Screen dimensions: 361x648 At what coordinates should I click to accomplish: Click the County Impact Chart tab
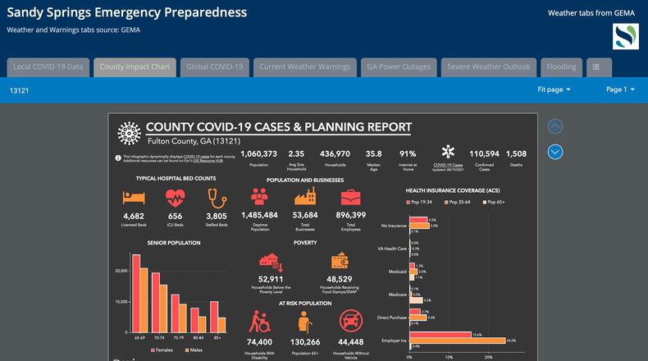click(135, 66)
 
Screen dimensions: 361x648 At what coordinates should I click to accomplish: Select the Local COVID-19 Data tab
click(48, 66)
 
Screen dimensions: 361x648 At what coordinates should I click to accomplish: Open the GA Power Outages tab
click(399, 66)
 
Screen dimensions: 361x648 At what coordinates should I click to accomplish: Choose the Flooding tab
click(562, 66)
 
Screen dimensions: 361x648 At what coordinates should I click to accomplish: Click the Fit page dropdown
click(554, 89)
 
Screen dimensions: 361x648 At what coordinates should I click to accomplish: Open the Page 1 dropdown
click(620, 89)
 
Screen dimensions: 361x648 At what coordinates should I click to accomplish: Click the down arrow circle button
click(555, 152)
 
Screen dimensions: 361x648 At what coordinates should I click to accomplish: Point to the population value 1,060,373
click(259, 153)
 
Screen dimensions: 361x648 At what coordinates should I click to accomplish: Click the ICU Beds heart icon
click(175, 198)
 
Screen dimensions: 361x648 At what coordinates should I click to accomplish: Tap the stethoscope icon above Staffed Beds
click(217, 198)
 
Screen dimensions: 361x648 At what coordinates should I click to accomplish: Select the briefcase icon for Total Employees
click(350, 197)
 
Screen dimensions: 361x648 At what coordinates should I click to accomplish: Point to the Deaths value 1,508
click(517, 153)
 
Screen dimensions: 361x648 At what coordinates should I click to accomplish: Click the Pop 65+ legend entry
click(512, 202)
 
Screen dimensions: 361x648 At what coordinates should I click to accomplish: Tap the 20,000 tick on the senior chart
click(121, 270)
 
